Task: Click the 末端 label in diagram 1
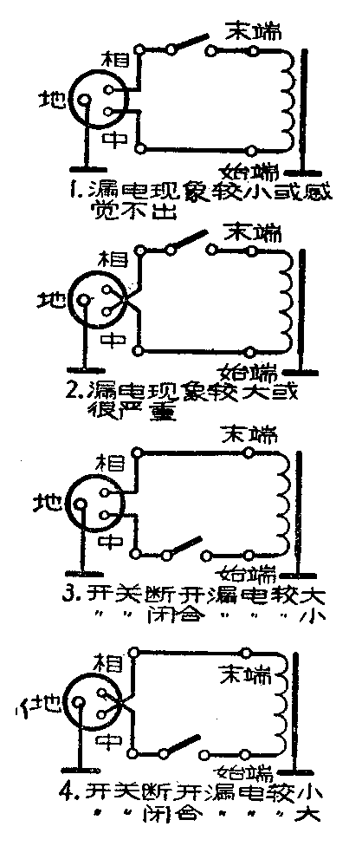point(251,30)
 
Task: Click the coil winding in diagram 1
point(288,100)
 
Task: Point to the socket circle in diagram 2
point(97,302)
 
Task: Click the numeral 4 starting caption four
point(76,791)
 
